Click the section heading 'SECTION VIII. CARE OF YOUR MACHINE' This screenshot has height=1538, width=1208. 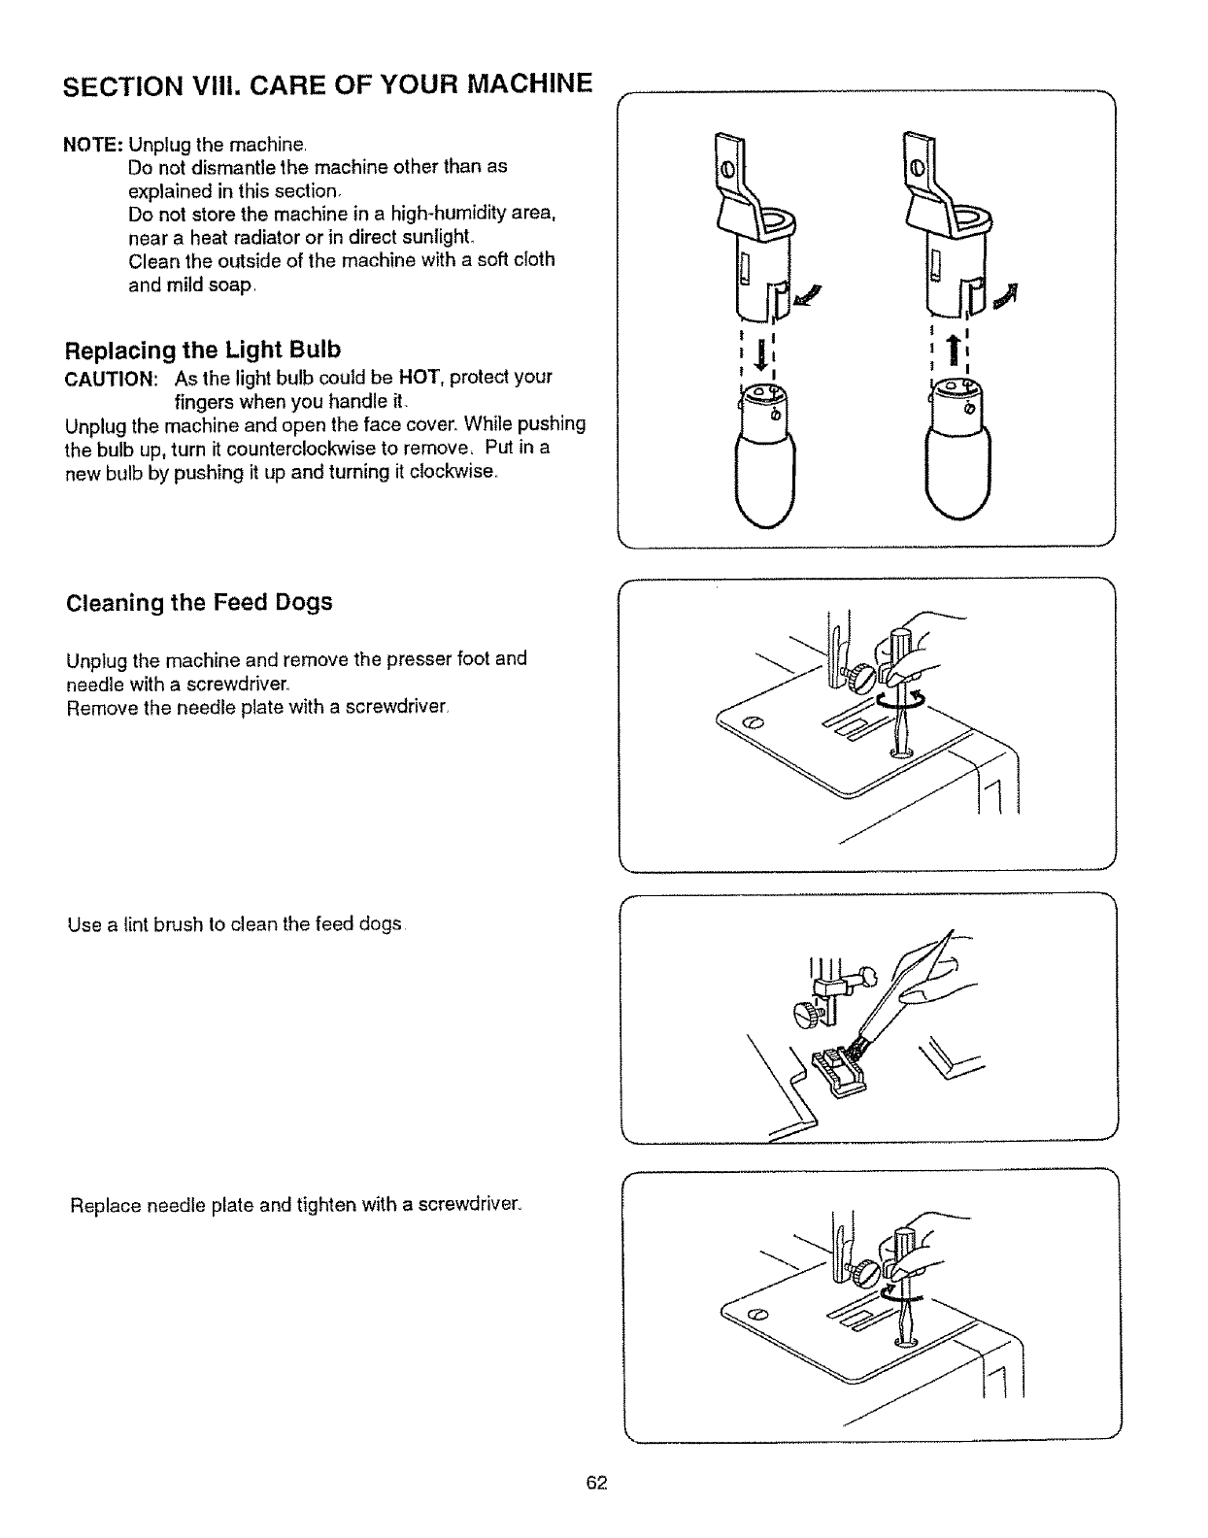(x=326, y=85)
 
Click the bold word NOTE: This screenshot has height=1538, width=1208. (x=92, y=146)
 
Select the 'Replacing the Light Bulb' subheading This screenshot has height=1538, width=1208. (x=203, y=350)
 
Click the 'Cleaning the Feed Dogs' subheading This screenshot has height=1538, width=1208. (x=199, y=603)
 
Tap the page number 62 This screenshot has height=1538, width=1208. (x=596, y=1483)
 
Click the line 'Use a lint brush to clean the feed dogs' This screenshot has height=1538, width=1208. (x=234, y=925)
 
